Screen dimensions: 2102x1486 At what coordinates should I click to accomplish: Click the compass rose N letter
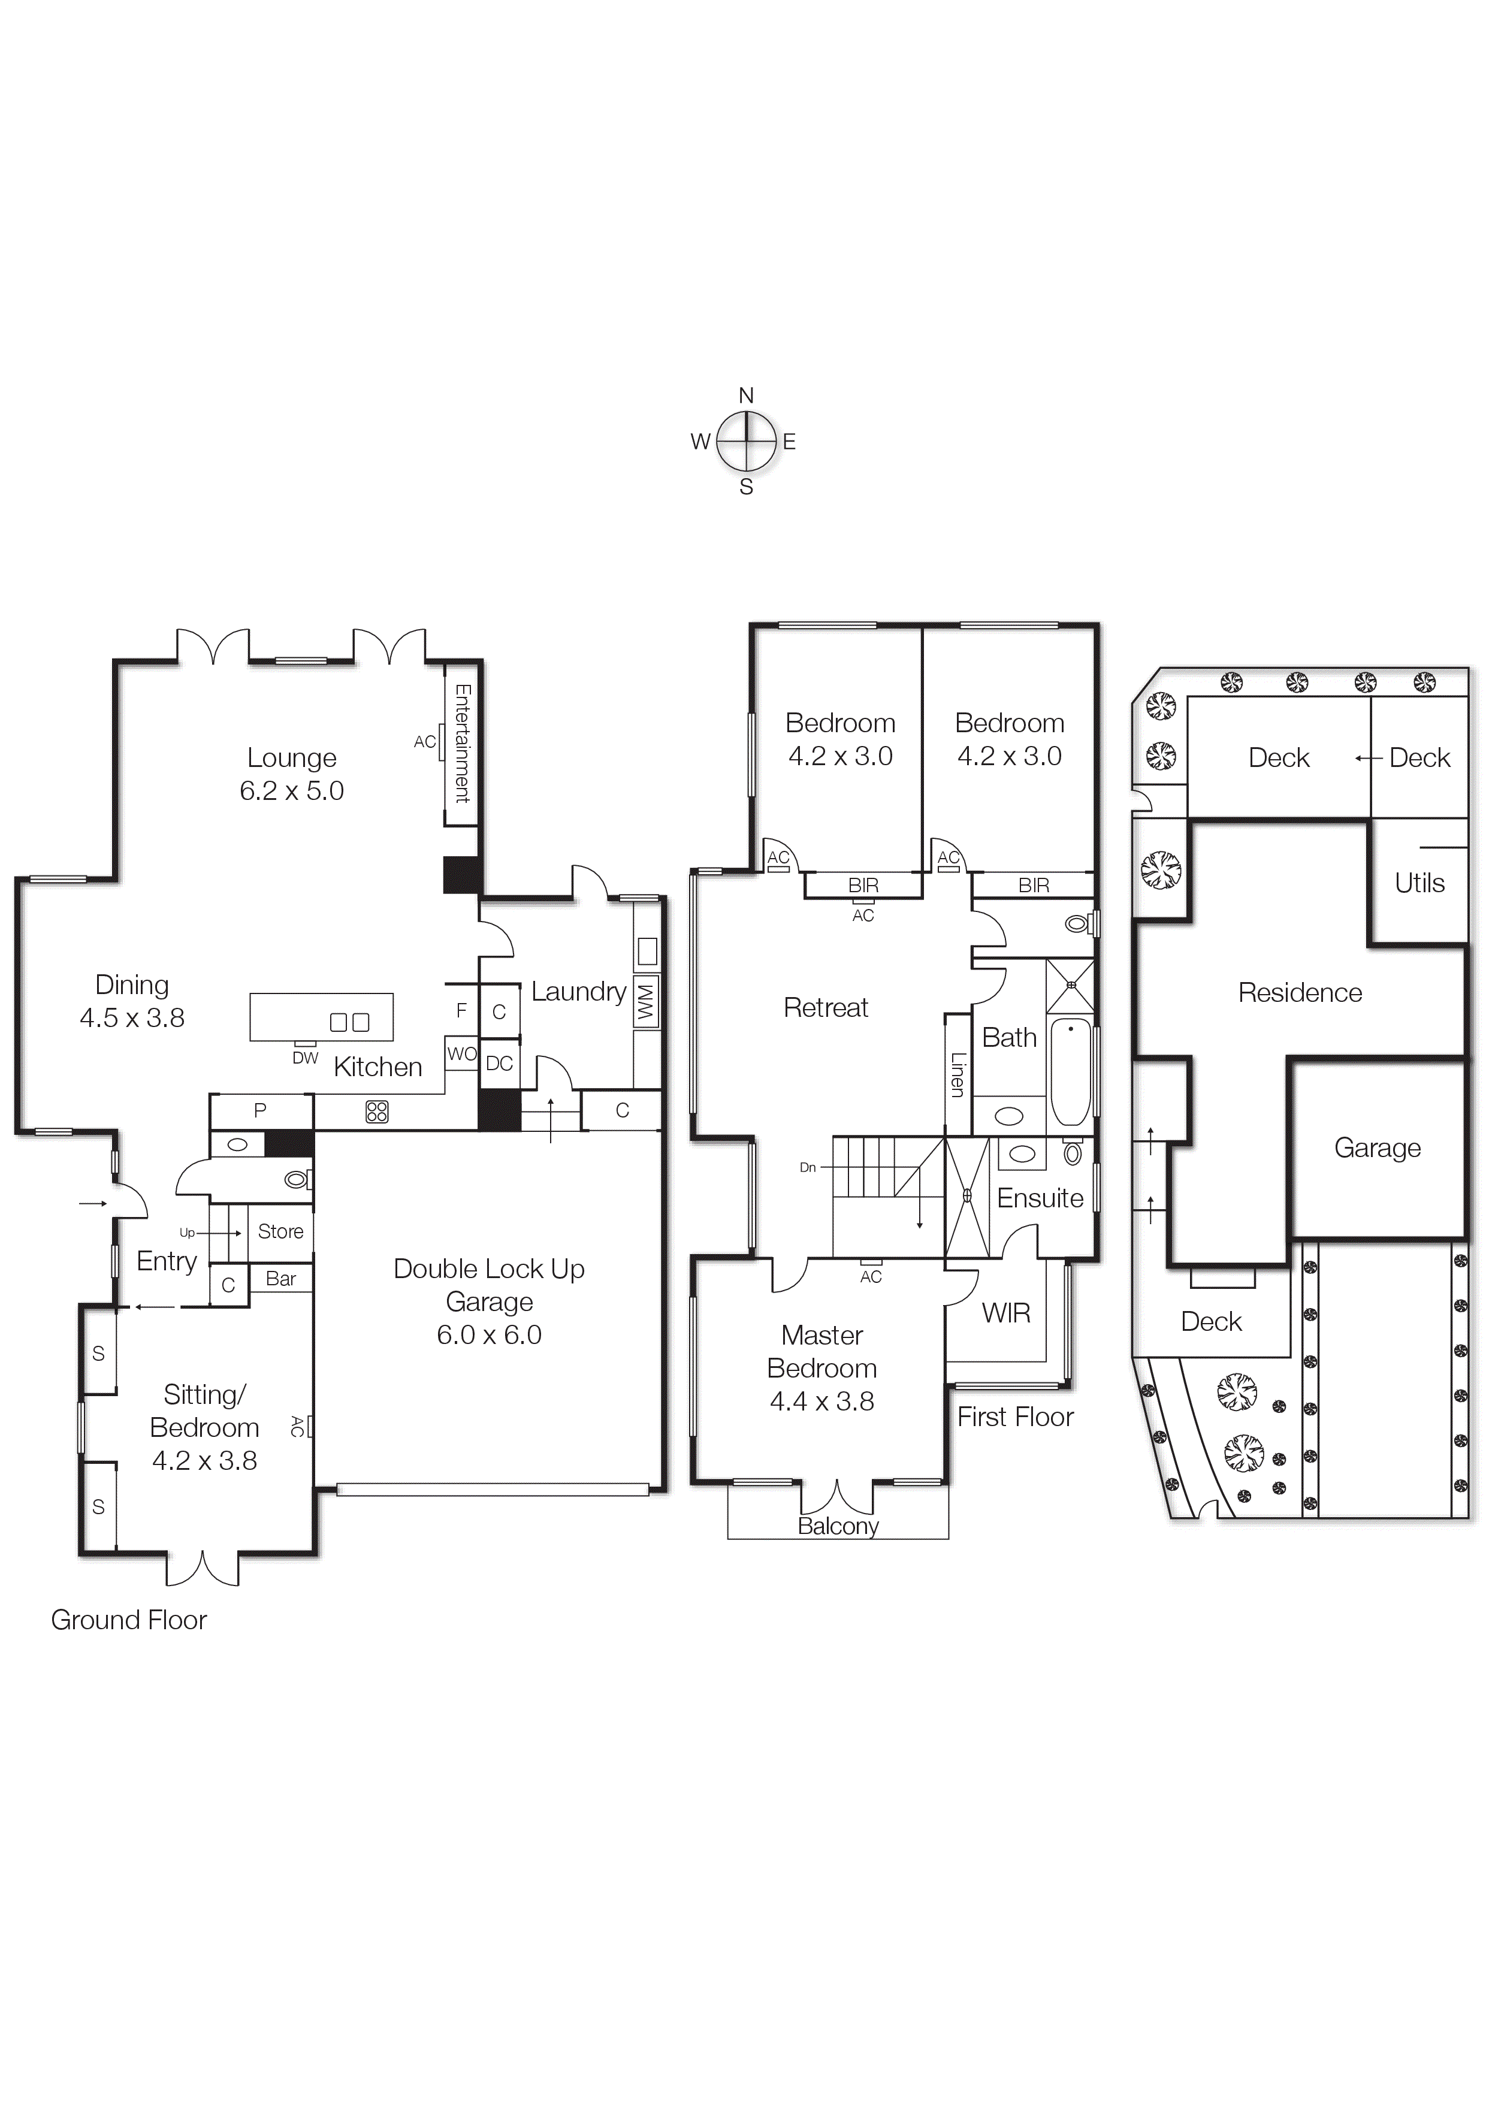click(x=745, y=395)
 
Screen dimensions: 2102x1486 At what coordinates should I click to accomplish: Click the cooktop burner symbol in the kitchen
click(x=376, y=1112)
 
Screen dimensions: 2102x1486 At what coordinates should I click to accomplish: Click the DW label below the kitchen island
click(x=305, y=1058)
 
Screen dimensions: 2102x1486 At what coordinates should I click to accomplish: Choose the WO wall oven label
click(x=461, y=1054)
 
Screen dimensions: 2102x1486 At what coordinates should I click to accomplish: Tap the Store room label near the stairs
click(x=280, y=1231)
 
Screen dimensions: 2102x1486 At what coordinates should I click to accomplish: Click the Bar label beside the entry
click(x=280, y=1279)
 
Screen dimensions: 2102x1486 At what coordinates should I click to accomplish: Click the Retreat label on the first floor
click(x=825, y=1008)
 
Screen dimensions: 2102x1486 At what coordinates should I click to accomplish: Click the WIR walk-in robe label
click(x=1005, y=1313)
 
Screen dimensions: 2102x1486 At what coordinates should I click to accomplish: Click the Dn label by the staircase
click(x=808, y=1167)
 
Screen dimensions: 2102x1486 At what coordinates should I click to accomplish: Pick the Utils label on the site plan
click(x=1419, y=883)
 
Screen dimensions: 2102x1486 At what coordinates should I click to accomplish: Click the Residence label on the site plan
click(x=1299, y=992)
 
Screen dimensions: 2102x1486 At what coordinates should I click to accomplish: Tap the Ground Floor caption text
click(x=129, y=1620)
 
